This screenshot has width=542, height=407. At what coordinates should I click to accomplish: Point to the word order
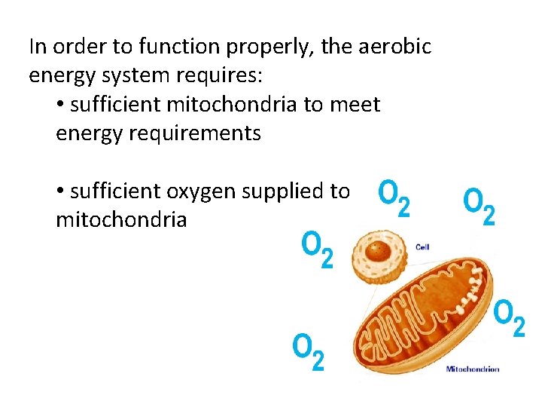(74, 47)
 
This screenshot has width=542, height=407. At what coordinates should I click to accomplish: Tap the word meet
(354, 105)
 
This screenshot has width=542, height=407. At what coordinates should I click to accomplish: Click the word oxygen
(201, 191)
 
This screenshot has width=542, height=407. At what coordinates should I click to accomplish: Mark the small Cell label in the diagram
(422, 246)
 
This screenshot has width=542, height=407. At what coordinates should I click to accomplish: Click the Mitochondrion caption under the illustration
(473, 369)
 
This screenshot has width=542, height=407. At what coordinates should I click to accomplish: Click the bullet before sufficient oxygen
(60, 192)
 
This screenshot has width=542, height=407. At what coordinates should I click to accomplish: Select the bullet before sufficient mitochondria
(60, 106)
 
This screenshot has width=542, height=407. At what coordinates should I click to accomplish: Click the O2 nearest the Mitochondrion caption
(509, 319)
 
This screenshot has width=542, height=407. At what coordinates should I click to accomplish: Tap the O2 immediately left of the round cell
(317, 250)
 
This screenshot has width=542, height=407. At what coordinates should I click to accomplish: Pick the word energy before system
(57, 76)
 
